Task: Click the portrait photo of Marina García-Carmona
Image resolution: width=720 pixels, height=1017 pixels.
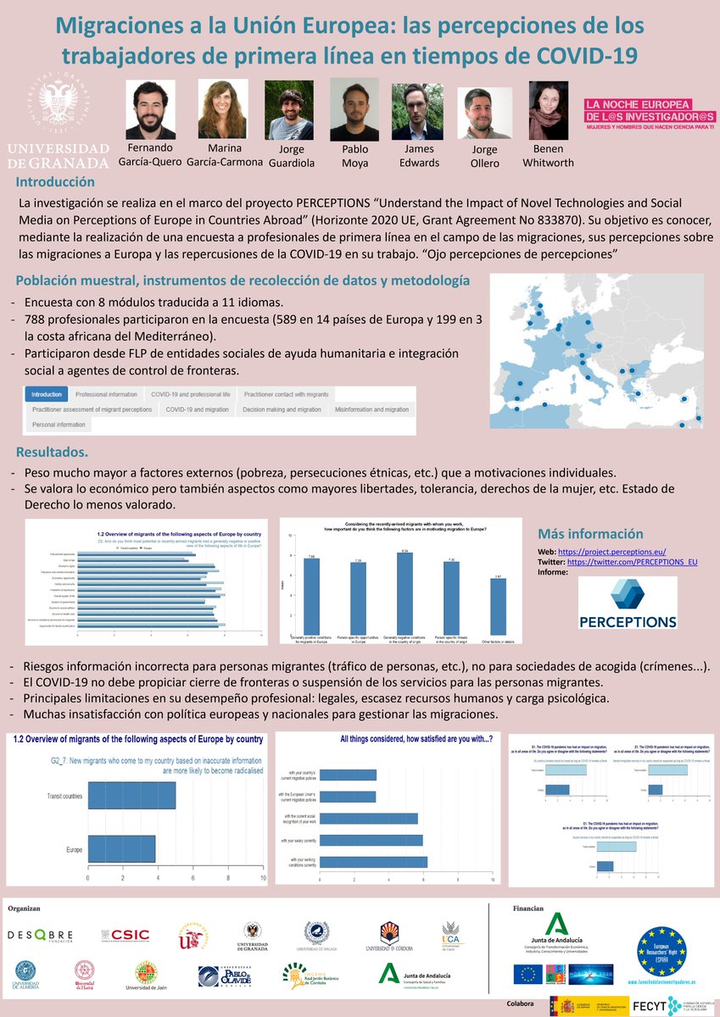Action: [x=223, y=108]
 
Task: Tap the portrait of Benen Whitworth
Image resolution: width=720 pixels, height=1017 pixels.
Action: [x=548, y=111]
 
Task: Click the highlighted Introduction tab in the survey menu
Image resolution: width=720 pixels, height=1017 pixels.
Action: [x=47, y=394]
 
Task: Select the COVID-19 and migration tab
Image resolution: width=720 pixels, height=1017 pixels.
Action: [x=197, y=409]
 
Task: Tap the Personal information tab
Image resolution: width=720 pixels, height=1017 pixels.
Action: [x=59, y=425]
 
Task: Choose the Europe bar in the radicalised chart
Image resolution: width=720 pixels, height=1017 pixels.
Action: [x=121, y=848]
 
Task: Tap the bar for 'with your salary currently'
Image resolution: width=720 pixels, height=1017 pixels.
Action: [x=371, y=840]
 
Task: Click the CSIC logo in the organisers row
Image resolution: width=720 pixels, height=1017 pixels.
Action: [x=126, y=936]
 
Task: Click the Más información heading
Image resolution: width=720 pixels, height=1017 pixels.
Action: [x=590, y=533]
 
